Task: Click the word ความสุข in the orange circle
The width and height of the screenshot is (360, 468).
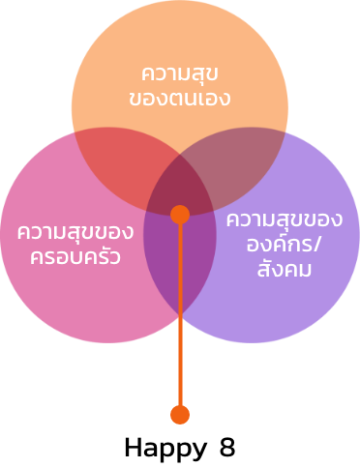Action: (179, 73)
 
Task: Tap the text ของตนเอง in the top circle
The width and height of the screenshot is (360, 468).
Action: (179, 98)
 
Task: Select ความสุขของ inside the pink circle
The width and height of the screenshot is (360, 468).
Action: (75, 233)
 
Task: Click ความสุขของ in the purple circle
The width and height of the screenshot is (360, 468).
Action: (284, 219)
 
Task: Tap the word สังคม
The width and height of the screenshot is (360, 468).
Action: (284, 269)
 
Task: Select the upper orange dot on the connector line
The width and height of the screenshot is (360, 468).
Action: (180, 215)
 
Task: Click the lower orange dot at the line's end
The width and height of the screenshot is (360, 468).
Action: (180, 415)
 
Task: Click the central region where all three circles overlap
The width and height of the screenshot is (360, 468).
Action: (180, 189)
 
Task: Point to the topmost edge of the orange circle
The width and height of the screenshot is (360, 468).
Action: (179, 2)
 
